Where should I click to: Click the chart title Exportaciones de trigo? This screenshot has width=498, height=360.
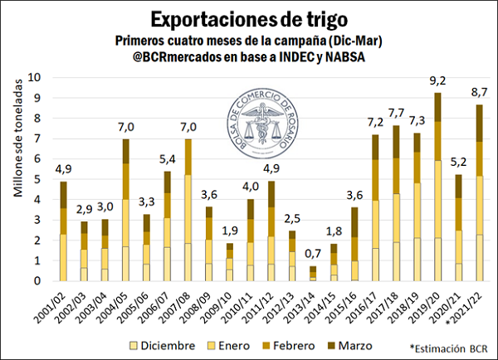click(248, 18)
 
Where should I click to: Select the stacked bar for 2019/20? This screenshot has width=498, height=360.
click(449, 187)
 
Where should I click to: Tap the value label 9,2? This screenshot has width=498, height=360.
click(449, 81)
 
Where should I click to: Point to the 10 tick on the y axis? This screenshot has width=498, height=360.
click(34, 78)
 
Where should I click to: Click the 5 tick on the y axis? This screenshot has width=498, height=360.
click(37, 179)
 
